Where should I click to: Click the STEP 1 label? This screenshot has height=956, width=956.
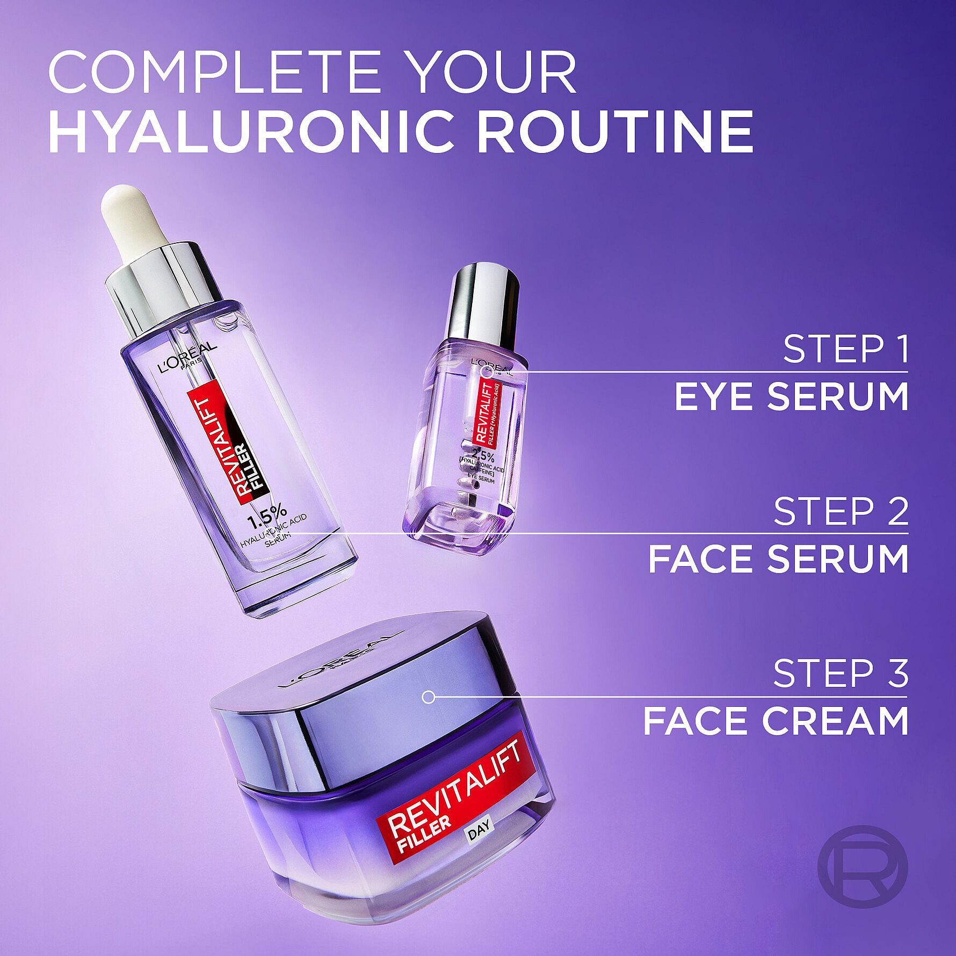(x=845, y=349)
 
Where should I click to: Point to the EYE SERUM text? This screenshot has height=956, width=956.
(x=791, y=397)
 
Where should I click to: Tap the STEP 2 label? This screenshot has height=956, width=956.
(x=841, y=512)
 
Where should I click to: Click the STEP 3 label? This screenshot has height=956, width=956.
(x=841, y=673)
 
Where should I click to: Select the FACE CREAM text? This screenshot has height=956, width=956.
(x=776, y=722)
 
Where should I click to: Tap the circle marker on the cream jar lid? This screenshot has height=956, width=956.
(x=428, y=698)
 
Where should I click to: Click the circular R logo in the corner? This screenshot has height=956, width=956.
(x=862, y=867)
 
